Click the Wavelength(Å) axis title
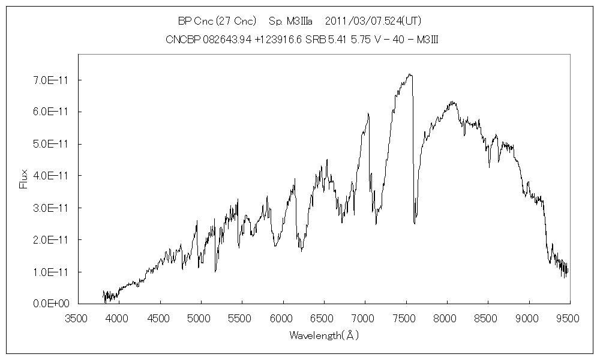[324, 335]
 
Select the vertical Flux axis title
[24, 179]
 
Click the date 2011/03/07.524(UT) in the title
[373, 21]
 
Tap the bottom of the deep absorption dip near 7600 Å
[415, 223]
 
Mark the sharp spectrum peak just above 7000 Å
[368, 113]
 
